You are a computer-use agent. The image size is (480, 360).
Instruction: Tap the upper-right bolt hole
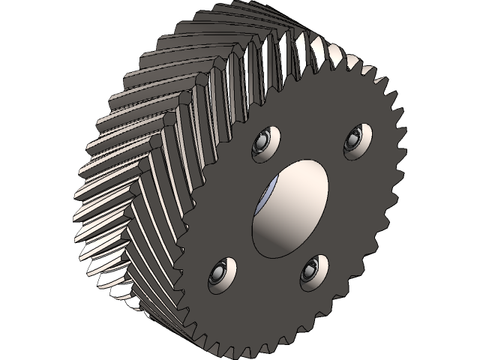355,140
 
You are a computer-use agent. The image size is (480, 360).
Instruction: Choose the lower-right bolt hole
313,271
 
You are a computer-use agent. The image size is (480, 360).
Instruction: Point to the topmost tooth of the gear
247,5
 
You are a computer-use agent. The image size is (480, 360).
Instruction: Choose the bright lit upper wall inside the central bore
300,180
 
